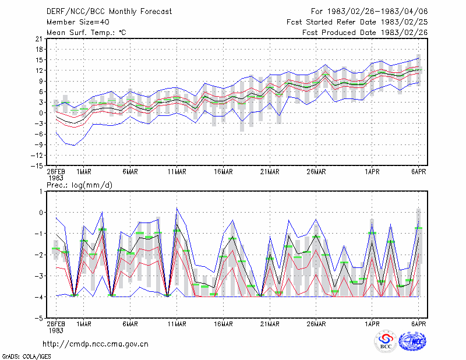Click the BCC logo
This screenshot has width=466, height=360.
[386, 342]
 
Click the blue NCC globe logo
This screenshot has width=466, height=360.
[412, 341]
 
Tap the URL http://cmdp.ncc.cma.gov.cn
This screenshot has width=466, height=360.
[96, 344]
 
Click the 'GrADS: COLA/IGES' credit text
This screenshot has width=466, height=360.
[26, 357]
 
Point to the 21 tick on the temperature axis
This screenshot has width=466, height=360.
[39, 38]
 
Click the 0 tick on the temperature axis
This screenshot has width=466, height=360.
[41, 113]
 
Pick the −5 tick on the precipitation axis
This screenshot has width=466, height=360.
[39, 318]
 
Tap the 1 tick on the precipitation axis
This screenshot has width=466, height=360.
[41, 192]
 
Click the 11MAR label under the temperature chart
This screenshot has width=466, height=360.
[177, 172]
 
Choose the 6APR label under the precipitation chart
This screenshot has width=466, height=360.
[418, 324]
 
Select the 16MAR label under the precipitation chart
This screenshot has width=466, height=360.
[223, 324]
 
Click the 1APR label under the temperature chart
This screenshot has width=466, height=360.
[372, 172]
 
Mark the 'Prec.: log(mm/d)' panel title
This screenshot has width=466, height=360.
[79, 185]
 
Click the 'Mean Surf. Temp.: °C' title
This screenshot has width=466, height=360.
[86, 33]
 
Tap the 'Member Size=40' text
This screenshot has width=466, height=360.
[78, 22]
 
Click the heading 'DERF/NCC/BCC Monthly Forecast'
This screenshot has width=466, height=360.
[110, 12]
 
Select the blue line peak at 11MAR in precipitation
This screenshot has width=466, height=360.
[177, 208]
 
